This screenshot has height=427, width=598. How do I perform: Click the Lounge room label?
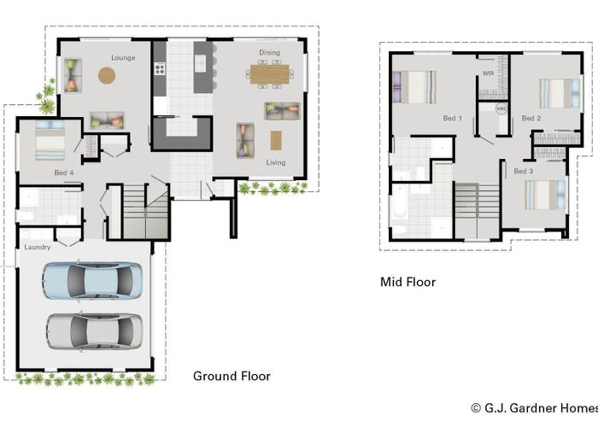[x=123, y=57]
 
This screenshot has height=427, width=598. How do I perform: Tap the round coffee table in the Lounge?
[x=107, y=75]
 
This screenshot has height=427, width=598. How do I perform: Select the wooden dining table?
[x=270, y=74]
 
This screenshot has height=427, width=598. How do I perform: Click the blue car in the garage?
[x=92, y=281]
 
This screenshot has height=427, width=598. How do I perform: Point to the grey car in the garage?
[x=94, y=331]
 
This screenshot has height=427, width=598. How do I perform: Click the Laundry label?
[x=38, y=247]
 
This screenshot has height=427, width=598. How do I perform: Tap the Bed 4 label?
[x=64, y=173]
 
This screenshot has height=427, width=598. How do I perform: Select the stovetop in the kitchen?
[x=160, y=68]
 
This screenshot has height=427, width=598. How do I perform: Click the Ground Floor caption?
[x=232, y=377]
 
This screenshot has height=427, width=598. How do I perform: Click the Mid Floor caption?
[x=408, y=282]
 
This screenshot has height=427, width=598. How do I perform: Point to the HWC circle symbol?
[x=501, y=108]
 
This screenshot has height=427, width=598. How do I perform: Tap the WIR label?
[x=488, y=73]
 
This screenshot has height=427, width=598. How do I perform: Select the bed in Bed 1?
[x=414, y=87]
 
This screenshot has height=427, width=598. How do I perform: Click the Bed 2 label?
[x=531, y=118]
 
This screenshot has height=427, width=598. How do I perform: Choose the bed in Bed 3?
[x=545, y=195]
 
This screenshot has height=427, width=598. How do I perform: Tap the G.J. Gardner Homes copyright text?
[x=534, y=408]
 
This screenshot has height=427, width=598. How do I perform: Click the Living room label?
[x=276, y=162]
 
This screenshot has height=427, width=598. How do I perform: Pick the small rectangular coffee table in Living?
[x=276, y=140]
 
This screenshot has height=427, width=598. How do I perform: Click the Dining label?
[x=270, y=53]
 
